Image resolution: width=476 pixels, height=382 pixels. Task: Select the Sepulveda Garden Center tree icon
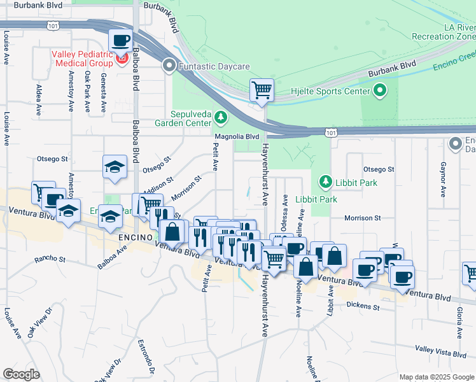(220, 117)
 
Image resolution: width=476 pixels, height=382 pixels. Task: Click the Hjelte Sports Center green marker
(380, 91)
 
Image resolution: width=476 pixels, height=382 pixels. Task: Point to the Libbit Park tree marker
(325, 183)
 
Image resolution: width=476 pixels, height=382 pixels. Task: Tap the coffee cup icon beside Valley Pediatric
(121, 41)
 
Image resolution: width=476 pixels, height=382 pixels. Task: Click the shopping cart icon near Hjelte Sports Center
(262, 90)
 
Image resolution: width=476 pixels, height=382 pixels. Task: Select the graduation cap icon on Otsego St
(115, 167)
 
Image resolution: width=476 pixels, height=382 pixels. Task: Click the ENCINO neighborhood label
(135, 236)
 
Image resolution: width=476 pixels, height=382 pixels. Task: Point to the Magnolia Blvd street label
(237, 136)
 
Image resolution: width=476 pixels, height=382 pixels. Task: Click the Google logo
(21, 374)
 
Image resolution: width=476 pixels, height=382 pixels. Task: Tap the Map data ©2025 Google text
(437, 377)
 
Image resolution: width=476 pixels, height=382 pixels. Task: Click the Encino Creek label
(453, 62)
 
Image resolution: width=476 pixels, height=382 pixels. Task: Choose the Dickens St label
(363, 306)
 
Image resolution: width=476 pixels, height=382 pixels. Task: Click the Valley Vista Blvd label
(441, 350)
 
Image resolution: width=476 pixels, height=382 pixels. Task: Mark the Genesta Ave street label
(102, 93)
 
